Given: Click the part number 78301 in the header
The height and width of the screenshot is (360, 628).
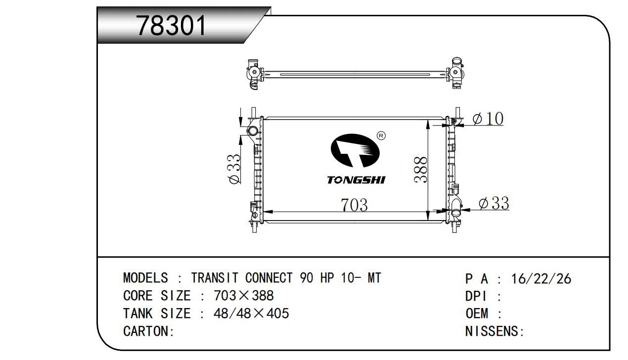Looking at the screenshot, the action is [x=171, y=26].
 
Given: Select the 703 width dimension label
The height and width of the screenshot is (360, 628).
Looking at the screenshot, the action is [x=354, y=205].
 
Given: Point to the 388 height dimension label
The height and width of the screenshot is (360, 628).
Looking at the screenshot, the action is [x=421, y=170].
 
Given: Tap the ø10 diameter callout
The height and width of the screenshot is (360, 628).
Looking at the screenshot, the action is [x=488, y=119].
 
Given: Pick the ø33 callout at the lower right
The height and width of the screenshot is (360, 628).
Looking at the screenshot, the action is [x=493, y=203].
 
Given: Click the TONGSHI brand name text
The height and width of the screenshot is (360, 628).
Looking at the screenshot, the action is [x=357, y=180].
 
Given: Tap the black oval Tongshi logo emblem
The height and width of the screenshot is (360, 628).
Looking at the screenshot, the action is [x=355, y=150].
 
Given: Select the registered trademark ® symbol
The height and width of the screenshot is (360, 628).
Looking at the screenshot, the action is [x=382, y=135].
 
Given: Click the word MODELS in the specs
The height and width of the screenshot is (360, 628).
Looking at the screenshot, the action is [x=145, y=278].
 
